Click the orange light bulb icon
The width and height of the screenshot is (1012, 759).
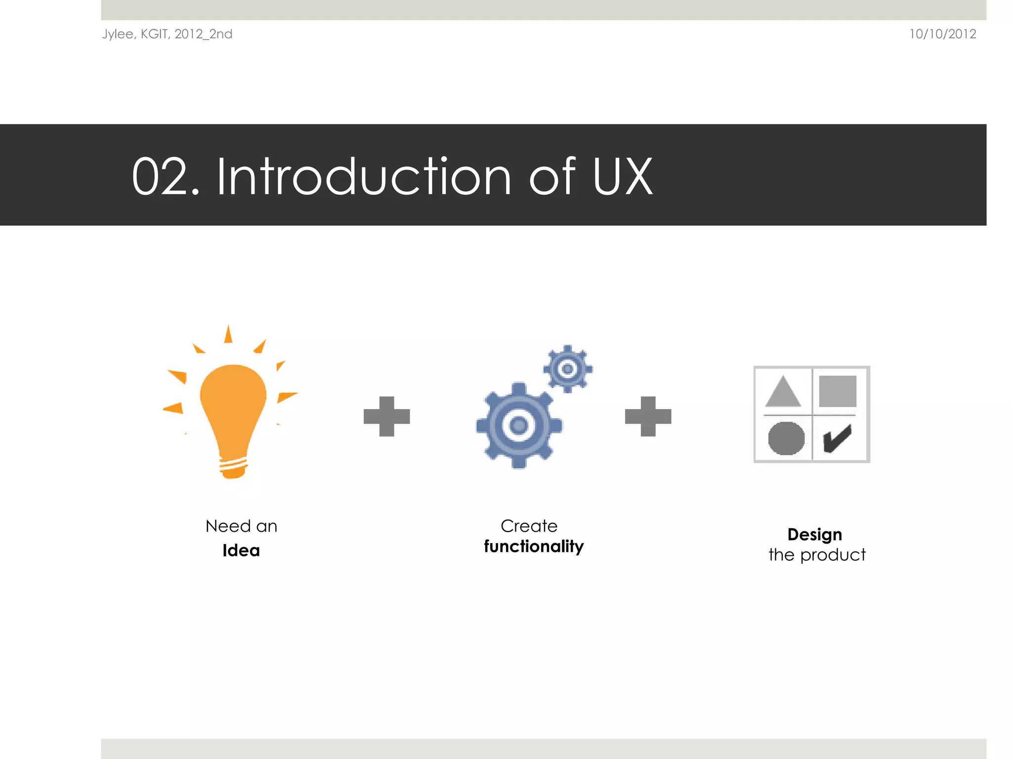233,415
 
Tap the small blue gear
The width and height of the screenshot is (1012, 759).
568,369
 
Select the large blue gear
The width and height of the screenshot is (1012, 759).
518,425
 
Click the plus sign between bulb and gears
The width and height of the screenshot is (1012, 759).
386,416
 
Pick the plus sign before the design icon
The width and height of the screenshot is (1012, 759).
648,416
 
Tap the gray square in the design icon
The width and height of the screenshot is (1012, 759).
838,391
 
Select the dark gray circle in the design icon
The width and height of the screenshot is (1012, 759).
786,438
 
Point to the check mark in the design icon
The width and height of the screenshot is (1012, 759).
837,438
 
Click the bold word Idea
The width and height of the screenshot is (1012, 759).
241,550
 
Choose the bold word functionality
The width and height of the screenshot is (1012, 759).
534,547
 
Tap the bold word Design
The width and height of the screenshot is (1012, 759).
815,535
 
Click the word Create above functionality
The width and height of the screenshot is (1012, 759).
529,526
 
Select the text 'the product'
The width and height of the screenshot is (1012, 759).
817,555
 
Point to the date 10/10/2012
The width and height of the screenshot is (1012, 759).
942,34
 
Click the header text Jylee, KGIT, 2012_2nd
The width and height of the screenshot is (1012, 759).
167,34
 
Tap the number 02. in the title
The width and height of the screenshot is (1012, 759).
166,177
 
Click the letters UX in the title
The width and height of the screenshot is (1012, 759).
622,177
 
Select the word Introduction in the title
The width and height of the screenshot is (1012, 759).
364,177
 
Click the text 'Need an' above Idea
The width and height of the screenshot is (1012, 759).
241,526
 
